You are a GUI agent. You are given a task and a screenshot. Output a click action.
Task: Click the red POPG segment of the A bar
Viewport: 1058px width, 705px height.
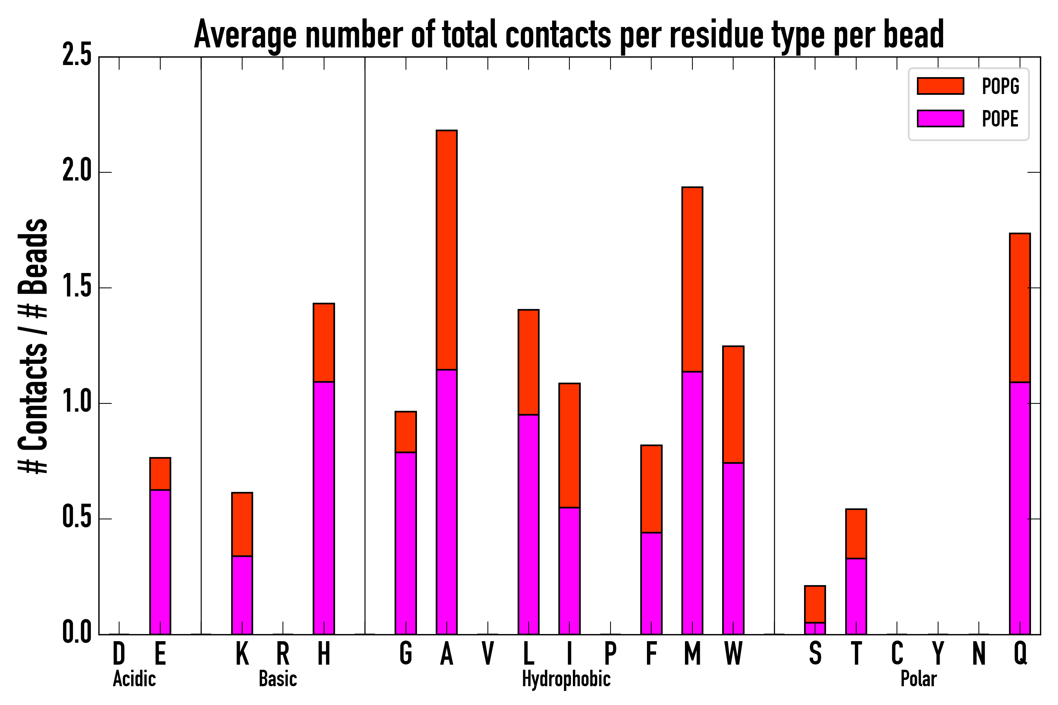coord(446,249)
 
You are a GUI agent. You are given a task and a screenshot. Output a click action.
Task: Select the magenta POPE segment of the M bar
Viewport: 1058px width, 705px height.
coord(692,503)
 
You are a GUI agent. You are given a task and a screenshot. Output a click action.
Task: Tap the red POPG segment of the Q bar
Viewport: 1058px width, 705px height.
coord(1020,308)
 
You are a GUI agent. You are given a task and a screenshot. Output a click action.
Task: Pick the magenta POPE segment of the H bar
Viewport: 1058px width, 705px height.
coord(324,508)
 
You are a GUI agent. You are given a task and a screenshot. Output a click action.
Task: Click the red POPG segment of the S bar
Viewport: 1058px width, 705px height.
coord(815,604)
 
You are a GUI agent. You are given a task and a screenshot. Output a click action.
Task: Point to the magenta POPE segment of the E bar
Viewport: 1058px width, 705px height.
coord(160,562)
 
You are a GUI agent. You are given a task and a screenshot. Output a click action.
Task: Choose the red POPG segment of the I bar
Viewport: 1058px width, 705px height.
coord(569,445)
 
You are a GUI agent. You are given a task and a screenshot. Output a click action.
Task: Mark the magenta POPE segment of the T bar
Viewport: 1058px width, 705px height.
coord(856,596)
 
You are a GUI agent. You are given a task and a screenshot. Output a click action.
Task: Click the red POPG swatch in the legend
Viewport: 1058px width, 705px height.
coord(940,86)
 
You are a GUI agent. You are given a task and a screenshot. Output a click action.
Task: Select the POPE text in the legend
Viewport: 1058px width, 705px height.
coord(1000,119)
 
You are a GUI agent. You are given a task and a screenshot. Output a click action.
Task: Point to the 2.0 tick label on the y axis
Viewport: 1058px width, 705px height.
coord(76,172)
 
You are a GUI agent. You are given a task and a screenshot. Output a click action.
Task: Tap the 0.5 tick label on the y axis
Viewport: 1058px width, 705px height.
coord(76,519)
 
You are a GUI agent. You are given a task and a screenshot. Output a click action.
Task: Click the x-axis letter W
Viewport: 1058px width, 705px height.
coord(733,654)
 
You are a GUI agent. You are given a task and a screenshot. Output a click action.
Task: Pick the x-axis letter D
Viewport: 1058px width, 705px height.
coord(119,654)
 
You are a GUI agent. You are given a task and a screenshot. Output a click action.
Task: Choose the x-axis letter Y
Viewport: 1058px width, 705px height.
coord(938,654)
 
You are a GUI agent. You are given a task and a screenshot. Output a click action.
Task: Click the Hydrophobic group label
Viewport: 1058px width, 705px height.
coord(566,679)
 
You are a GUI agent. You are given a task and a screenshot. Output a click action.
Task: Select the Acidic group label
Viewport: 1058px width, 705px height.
coord(134,679)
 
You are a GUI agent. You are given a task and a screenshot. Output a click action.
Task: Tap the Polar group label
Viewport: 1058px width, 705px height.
coord(919,679)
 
